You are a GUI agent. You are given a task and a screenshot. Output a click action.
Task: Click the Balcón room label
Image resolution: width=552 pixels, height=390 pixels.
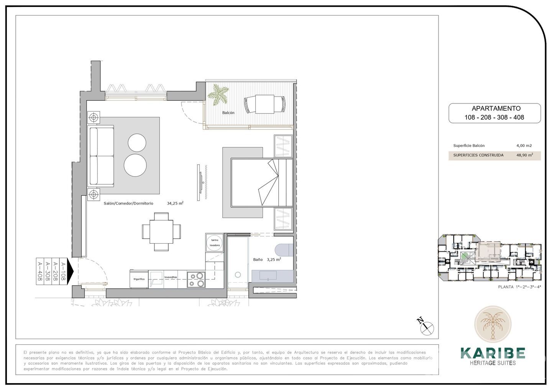point(228,113)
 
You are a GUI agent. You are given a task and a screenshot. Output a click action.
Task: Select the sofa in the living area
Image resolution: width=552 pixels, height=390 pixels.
point(102,156)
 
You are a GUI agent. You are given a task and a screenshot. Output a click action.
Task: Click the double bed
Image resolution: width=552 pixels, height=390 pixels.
point(261,182)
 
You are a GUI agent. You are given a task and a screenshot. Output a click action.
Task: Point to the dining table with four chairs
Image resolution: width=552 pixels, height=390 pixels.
point(161,232)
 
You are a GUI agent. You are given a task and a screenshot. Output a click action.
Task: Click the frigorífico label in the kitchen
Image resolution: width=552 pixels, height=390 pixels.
point(139,279)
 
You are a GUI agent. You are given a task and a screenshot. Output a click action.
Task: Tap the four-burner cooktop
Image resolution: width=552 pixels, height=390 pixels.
point(196,279)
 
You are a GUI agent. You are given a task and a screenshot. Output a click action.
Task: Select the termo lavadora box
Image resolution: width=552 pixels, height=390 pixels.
point(214,243)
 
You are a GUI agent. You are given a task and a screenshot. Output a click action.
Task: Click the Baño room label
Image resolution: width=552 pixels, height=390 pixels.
point(258,259)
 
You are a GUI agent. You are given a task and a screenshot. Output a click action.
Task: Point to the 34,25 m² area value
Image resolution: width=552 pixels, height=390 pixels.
point(175,203)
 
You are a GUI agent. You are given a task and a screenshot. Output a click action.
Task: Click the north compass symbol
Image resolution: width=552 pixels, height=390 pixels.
point(427,327)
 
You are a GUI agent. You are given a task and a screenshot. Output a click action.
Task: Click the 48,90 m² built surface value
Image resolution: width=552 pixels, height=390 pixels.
point(525,155)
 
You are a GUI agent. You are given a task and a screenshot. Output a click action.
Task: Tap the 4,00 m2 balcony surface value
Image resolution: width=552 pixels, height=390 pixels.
point(524,146)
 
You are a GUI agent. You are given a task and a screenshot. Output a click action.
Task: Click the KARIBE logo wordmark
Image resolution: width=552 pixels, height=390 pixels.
point(493,352)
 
